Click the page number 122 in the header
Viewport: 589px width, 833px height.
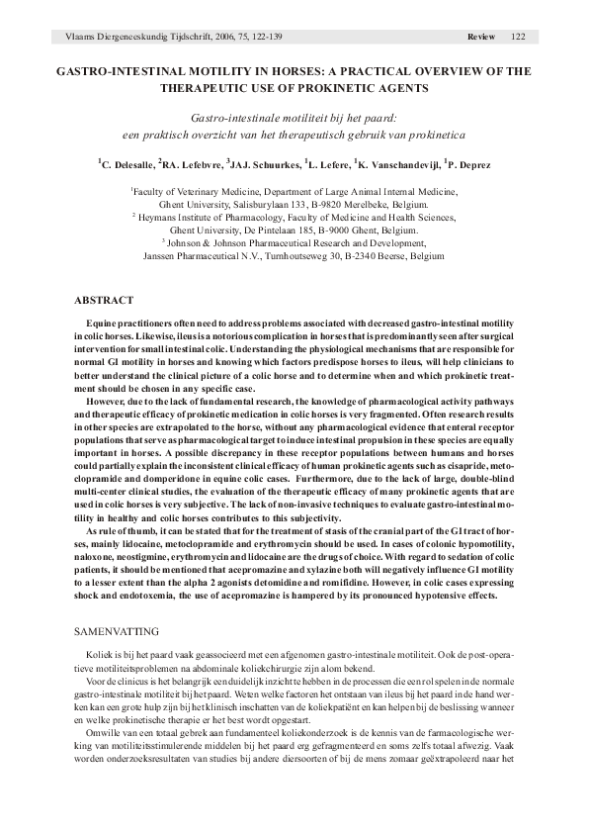(518, 37)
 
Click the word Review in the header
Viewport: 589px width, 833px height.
(480, 37)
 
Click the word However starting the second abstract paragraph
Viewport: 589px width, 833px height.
(111, 401)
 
